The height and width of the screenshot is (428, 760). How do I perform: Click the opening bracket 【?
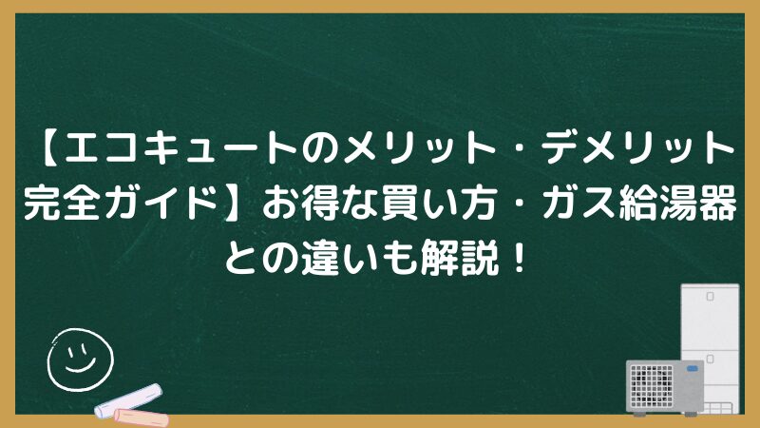pos(48,147)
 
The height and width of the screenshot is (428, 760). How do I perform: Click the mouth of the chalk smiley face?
pos(80,365)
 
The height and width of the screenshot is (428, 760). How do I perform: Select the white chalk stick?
pos(128,400)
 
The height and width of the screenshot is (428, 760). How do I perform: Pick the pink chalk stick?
pos(141,418)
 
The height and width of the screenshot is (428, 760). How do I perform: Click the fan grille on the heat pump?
pos(652,386)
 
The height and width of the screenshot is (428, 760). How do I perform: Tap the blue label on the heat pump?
pos(693,369)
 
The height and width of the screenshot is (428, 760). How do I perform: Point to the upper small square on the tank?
pos(710,297)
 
